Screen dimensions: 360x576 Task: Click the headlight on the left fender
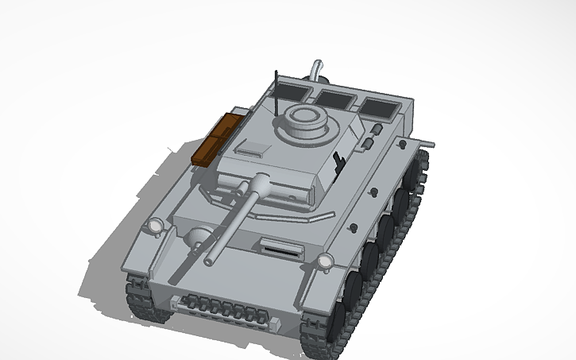[153, 227]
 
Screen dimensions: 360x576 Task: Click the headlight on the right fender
[325, 262]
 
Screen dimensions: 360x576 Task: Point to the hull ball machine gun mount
[199, 236]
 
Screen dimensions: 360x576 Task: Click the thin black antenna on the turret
[275, 91]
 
